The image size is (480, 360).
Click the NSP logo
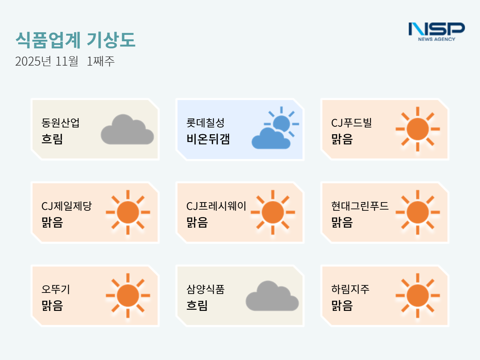[x=436, y=32]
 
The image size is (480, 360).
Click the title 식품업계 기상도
[x=75, y=40]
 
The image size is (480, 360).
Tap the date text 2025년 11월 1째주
[x=65, y=61]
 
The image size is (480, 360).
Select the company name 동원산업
[x=60, y=123]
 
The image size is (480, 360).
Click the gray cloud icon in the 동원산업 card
[x=127, y=129]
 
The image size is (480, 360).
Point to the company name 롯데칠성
[x=205, y=123]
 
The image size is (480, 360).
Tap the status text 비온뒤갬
[x=208, y=139]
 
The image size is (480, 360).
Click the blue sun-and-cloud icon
[x=275, y=128]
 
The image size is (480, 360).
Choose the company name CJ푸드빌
[x=351, y=123]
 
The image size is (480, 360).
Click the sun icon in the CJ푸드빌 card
[x=418, y=129]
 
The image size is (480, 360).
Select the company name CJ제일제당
[x=66, y=206]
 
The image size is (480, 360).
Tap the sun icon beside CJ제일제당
[x=128, y=212]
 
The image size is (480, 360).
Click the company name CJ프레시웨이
[x=216, y=206]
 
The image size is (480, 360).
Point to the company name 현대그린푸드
[x=360, y=206]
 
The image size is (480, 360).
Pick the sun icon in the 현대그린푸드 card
[x=418, y=212]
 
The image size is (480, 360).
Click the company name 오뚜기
[x=55, y=289]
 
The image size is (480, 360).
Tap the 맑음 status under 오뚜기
[x=52, y=306]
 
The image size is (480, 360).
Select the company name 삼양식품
[x=205, y=289]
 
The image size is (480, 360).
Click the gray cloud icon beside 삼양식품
[x=272, y=296]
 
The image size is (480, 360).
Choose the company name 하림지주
[x=350, y=289]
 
